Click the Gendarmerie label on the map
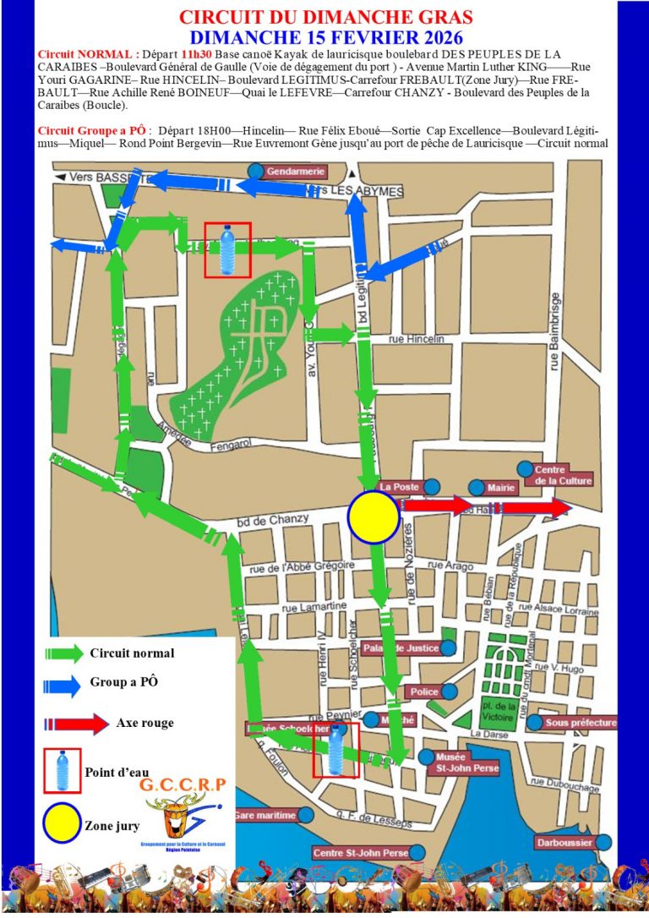[295, 172]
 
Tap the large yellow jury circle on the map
[373, 517]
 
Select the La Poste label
[400, 487]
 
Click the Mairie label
[501, 487]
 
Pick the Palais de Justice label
[401, 648]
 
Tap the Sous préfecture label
[581, 723]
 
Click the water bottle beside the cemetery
[227, 249]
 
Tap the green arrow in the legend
[63, 653]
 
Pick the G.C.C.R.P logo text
[183, 784]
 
